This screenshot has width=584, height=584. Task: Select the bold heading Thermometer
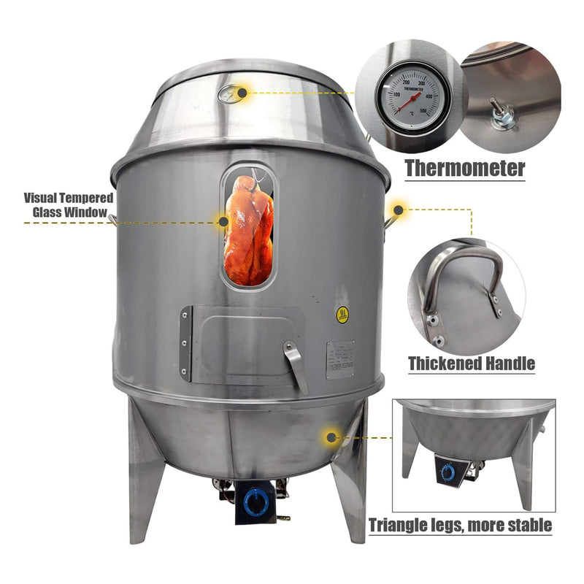click(465, 169)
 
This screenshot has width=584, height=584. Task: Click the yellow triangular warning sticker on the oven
click(342, 315)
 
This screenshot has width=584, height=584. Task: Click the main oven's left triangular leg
click(145, 474)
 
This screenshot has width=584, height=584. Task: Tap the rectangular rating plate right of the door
click(340, 359)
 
